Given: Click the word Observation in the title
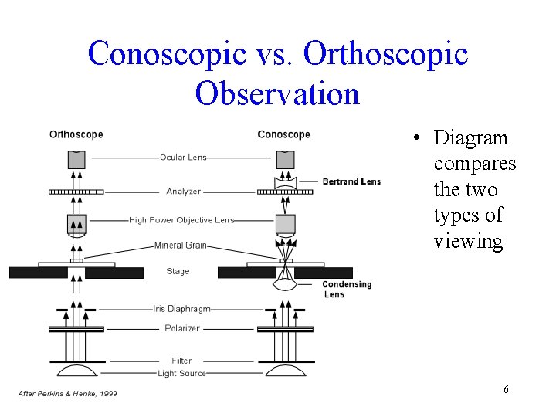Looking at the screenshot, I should click(278, 93).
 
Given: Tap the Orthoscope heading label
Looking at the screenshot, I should click(76, 134).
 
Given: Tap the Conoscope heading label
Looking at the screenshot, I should click(283, 134).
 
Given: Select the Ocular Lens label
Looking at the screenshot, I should click(183, 158).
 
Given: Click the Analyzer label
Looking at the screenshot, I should click(183, 192).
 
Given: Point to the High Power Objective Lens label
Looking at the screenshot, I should click(181, 220).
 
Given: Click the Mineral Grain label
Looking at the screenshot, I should click(180, 246).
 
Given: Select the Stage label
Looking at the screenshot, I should click(178, 271).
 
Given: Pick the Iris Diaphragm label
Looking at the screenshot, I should click(181, 309).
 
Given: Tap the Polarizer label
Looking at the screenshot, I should click(182, 328).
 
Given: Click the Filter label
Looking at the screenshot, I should click(181, 361).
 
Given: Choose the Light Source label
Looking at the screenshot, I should click(181, 374).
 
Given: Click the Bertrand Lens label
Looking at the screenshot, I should click(351, 182).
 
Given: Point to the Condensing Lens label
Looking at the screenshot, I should click(347, 289).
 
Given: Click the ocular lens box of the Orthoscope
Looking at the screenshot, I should click(76, 160).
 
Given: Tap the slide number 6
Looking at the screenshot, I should click(506, 389).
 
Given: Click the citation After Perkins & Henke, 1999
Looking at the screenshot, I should click(68, 394).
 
